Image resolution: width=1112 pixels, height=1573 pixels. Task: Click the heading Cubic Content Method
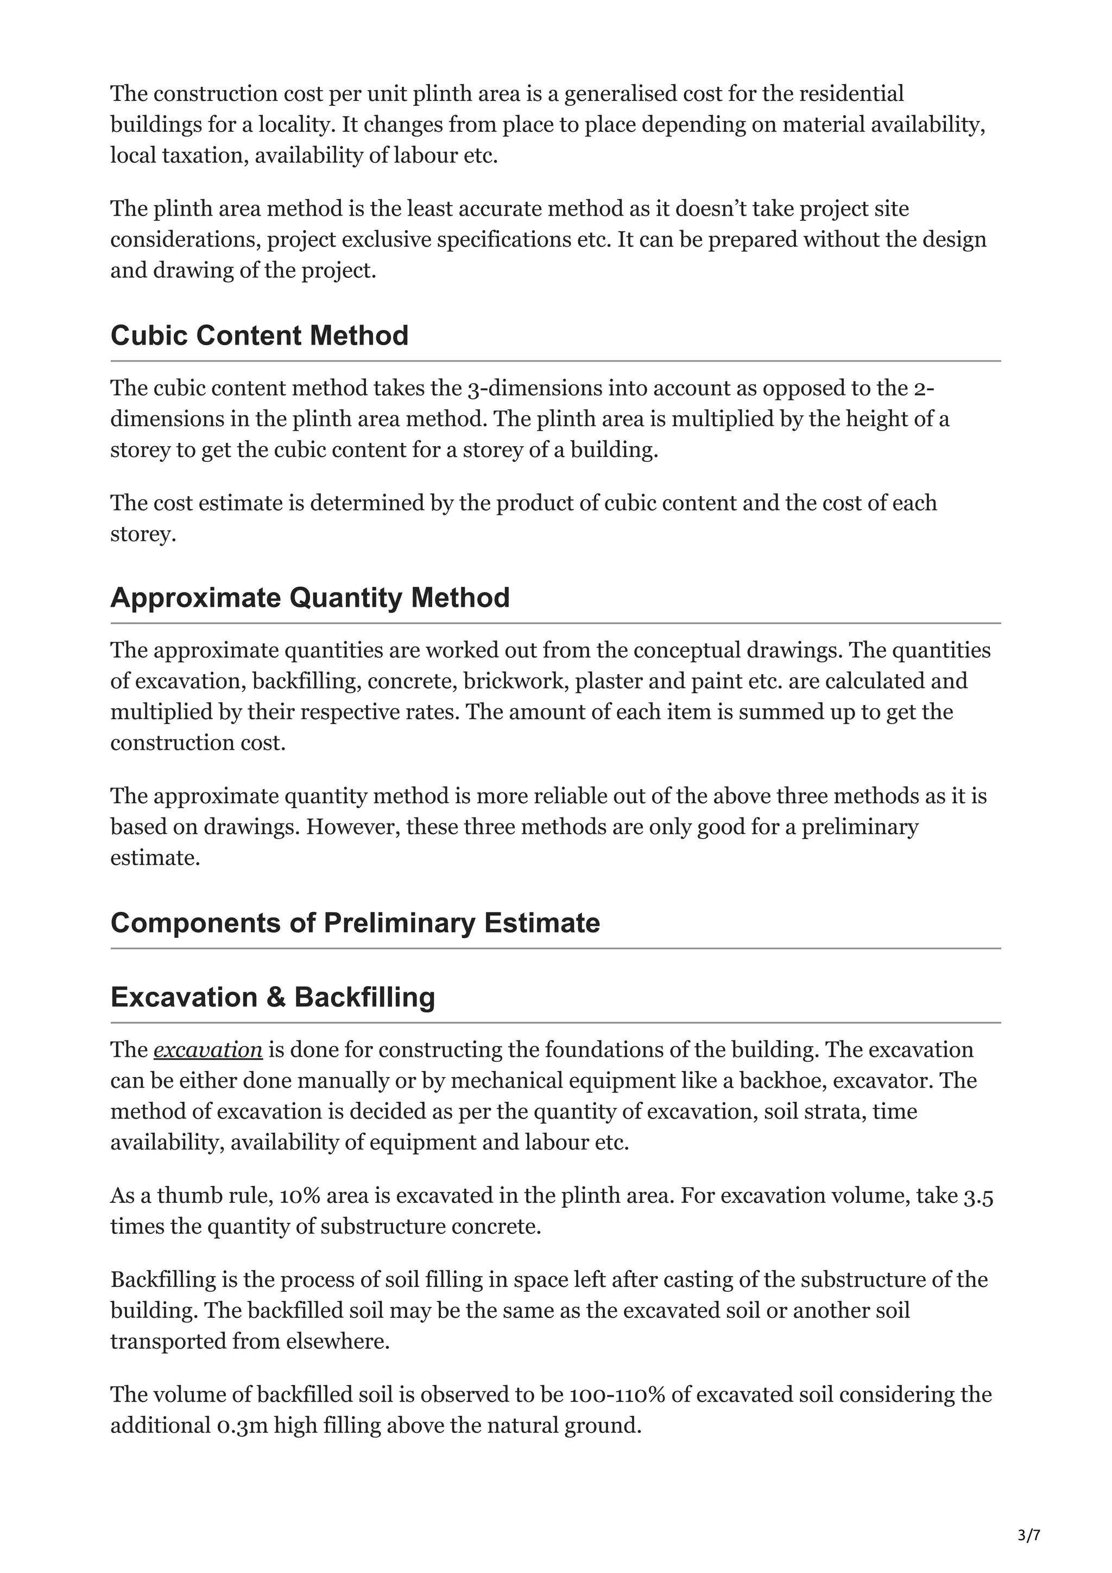[259, 335]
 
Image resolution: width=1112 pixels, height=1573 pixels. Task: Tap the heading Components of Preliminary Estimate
[355, 923]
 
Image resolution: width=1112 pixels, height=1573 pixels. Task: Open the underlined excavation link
[207, 1050]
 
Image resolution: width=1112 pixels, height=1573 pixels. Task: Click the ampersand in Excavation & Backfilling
[277, 998]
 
